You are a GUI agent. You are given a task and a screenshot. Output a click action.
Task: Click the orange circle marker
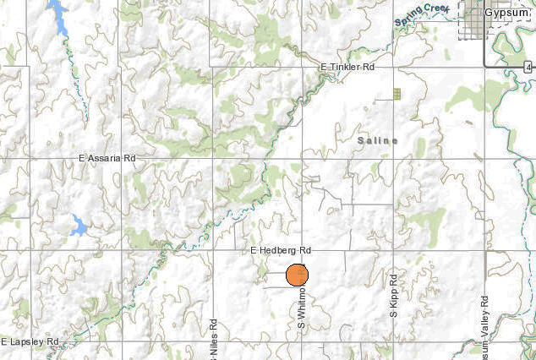297,275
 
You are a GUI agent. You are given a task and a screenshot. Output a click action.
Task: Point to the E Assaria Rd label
107,158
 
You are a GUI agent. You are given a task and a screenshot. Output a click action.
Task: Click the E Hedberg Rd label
281,251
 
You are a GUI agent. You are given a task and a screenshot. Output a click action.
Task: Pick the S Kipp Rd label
393,295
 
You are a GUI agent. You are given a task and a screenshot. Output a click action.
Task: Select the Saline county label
377,140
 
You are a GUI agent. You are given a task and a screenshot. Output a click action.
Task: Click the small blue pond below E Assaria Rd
78,226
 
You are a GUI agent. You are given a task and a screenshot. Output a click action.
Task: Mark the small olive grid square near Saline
396,93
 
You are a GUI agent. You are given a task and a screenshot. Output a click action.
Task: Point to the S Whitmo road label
300,311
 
